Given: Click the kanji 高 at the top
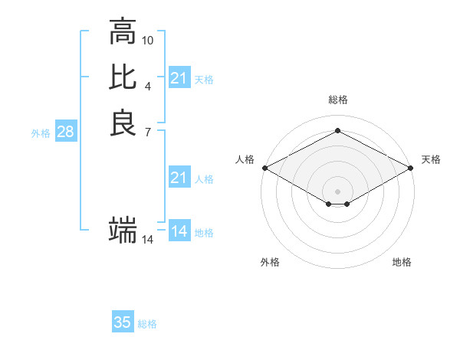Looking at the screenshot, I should click(123, 32).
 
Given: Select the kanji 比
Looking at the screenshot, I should click(123, 77).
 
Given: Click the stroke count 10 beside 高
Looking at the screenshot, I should click(148, 39).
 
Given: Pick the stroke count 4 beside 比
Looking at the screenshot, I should click(148, 85).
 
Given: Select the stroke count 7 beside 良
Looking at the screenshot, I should click(148, 131).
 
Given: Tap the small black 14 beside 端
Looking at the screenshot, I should click(148, 240).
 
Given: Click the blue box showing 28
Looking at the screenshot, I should click(65, 132).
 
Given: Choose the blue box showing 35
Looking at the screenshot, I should click(123, 322).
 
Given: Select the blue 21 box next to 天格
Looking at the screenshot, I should click(179, 78).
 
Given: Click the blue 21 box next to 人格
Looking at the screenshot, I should click(179, 178).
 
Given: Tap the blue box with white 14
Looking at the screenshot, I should click(179, 231).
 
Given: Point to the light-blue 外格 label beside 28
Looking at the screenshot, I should click(41, 133).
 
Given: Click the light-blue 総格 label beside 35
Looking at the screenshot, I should click(147, 324).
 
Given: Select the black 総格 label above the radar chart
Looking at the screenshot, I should click(337, 100).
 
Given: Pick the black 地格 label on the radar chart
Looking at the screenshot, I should click(402, 263).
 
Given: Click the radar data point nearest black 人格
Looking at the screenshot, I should click(264, 168).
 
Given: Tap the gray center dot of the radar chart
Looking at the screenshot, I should click(337, 191).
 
